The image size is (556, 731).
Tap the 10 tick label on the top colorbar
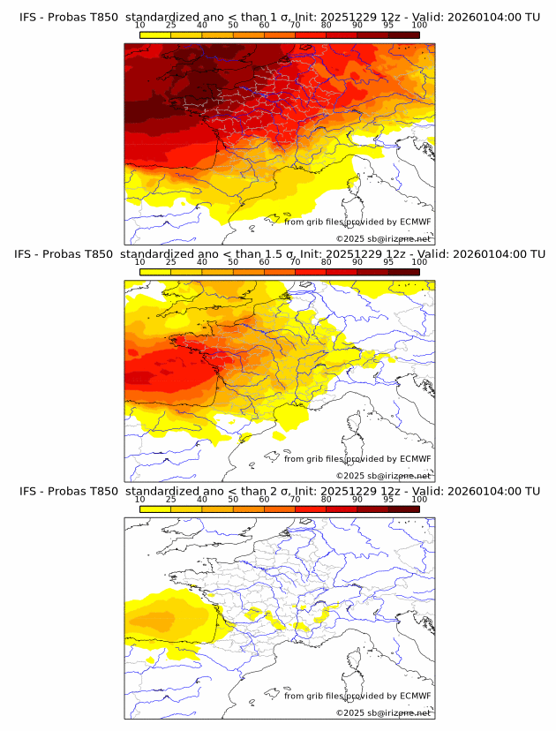point(139,26)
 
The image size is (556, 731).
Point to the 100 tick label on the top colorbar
point(419,26)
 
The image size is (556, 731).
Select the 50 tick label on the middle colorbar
point(233,263)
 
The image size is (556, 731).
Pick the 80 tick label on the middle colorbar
point(327,263)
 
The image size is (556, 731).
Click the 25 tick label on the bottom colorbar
point(170,500)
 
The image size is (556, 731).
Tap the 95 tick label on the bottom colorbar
point(388,500)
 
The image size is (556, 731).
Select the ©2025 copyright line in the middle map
point(384,476)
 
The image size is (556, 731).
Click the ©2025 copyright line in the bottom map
point(384,712)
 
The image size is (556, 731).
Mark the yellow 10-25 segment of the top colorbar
point(155,35)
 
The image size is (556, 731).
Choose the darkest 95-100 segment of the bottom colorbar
point(403,509)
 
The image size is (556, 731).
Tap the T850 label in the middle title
point(102,254)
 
